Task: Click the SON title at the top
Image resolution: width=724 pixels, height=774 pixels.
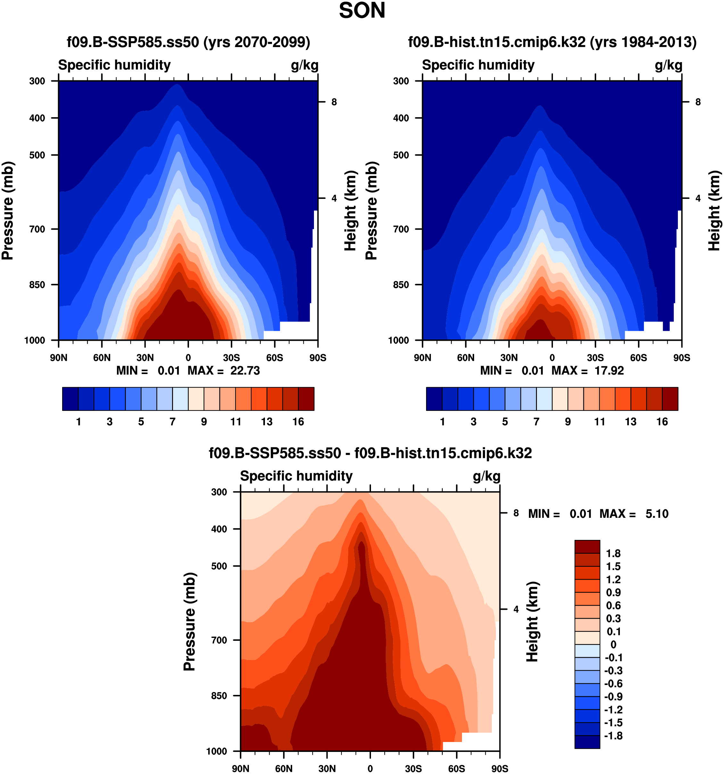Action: [362, 11]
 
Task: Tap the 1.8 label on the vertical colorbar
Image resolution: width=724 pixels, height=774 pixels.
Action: [613, 553]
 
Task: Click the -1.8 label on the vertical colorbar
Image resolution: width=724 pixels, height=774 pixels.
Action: [613, 736]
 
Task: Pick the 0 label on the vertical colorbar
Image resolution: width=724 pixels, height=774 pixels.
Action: [613, 644]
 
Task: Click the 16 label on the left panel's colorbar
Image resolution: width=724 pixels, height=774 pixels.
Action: [298, 422]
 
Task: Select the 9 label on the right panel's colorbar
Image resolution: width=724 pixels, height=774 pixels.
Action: [568, 422]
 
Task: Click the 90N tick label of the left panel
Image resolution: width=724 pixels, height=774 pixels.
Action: [58, 357]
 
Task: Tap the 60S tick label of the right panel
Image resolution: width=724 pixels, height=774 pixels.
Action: [638, 357]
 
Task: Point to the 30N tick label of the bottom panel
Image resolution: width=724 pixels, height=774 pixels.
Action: [327, 768]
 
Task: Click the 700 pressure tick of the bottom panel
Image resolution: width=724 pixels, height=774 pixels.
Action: [219, 640]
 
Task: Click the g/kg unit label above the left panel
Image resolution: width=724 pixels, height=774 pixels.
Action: [305, 65]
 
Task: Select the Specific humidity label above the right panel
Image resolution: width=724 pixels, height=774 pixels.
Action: [478, 65]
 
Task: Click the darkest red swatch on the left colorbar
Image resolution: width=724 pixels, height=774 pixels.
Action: [306, 399]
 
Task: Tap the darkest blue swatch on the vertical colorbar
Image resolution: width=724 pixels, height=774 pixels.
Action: [587, 742]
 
